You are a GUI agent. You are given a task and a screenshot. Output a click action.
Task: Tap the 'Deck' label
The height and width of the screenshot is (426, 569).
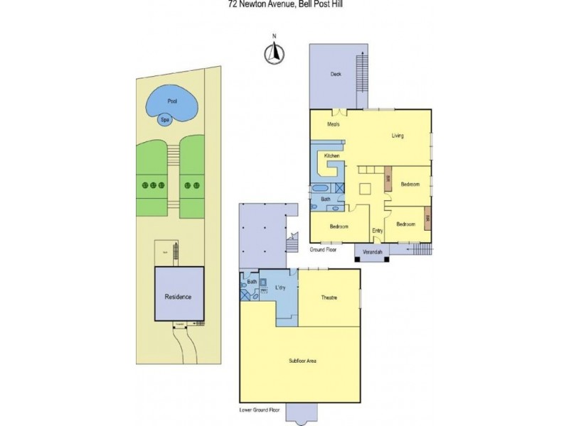click(336, 73)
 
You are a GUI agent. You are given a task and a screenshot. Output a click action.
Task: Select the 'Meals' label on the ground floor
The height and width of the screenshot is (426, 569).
click(334, 124)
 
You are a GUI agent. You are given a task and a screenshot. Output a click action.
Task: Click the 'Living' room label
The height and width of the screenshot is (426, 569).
click(398, 136)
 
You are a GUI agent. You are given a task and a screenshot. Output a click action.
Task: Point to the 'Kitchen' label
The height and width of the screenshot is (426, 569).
click(332, 155)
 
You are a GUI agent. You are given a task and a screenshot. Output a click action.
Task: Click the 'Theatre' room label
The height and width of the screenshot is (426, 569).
click(329, 297)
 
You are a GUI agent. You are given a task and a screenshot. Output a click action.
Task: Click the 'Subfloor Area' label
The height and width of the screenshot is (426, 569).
click(303, 361)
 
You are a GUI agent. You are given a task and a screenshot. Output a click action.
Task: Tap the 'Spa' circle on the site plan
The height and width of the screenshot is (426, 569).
click(165, 120)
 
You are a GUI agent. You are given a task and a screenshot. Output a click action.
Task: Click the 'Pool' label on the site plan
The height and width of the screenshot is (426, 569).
click(171, 101)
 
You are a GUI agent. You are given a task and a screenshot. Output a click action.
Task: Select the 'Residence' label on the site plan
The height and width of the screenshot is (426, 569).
click(179, 297)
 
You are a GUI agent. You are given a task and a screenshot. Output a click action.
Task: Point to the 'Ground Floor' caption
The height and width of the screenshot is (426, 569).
click(324, 250)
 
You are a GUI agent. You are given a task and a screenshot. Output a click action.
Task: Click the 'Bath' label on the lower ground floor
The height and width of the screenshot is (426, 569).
click(252, 282)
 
